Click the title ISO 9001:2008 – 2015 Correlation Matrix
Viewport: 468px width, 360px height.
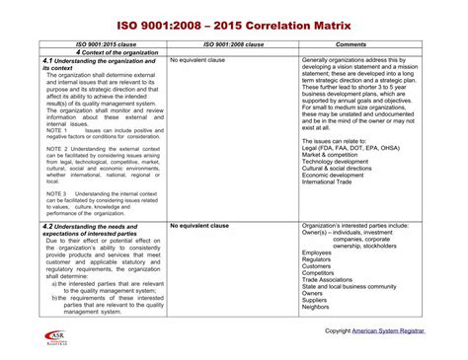pos(234,21)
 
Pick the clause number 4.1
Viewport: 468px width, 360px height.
pos(48,61)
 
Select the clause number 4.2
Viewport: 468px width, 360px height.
pos(48,226)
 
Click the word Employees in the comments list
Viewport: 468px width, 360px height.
pos(317,252)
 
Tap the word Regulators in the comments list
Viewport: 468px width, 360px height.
pos(318,259)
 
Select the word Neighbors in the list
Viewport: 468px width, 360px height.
pos(317,307)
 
